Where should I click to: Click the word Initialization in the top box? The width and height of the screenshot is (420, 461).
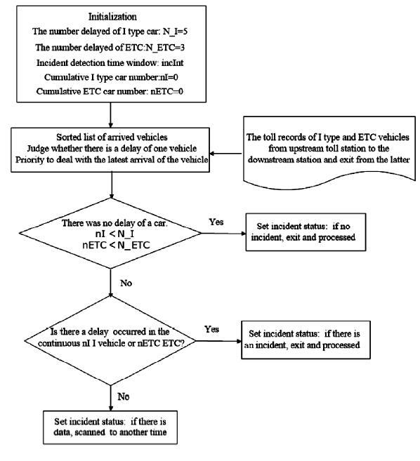[113, 17]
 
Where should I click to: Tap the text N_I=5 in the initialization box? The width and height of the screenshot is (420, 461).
[175, 31]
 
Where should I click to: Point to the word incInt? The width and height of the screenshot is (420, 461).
[173, 62]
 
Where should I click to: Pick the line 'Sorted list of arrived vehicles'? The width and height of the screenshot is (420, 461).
[112, 138]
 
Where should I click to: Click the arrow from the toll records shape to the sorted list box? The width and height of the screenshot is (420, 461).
[225, 154]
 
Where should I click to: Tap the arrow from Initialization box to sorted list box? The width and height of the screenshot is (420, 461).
[111, 115]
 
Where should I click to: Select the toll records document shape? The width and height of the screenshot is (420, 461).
[329, 152]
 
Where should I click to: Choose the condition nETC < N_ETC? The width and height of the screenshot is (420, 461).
[117, 245]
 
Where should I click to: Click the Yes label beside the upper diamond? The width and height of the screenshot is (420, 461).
[216, 222]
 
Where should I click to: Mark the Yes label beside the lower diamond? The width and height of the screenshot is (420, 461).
[212, 329]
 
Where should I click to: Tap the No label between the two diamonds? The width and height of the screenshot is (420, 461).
[126, 283]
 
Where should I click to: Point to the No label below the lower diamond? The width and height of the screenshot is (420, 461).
[124, 396]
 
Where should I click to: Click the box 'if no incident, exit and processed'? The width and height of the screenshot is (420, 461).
[306, 232]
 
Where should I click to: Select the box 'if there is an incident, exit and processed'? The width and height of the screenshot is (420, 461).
[306, 340]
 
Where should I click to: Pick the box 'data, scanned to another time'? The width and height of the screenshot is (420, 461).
[110, 427]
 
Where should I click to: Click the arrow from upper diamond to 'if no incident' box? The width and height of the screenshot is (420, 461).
[223, 234]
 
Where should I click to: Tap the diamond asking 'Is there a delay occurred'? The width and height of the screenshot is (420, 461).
[110, 340]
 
